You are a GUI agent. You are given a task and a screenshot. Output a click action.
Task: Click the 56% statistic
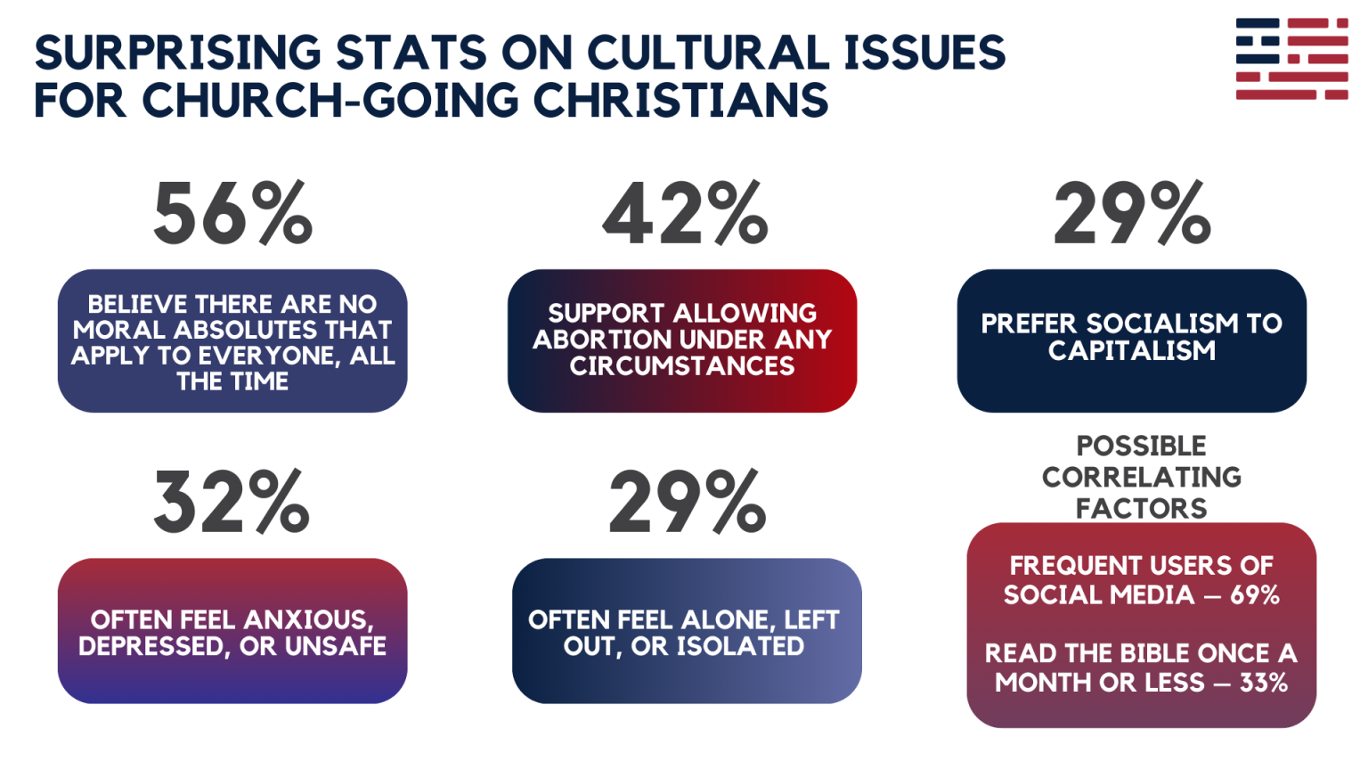click(232, 213)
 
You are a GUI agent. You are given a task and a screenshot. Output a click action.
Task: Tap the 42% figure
click(684, 213)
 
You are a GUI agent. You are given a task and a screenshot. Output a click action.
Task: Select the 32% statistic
click(232, 503)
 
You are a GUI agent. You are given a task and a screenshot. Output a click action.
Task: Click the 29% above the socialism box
click(1132, 213)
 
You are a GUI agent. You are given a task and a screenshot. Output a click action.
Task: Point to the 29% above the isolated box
click(687, 503)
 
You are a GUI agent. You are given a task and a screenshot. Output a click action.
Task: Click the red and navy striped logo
click(1291, 59)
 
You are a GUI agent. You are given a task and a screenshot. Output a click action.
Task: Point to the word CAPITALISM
click(1131, 351)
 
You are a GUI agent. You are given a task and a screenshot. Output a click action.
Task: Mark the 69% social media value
click(1254, 595)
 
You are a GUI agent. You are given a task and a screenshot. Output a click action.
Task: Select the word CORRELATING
click(1141, 478)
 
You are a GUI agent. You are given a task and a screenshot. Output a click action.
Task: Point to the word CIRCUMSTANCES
click(682, 366)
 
